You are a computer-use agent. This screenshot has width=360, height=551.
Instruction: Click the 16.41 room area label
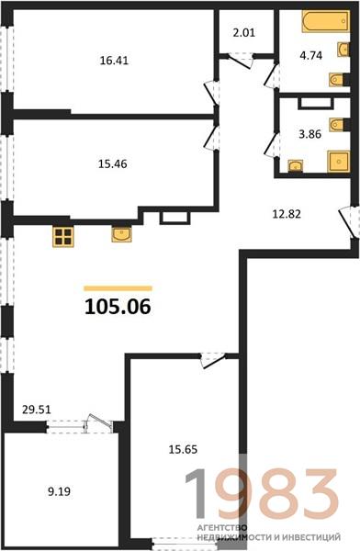[x=114, y=61]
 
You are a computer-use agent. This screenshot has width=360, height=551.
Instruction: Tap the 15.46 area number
[x=112, y=164]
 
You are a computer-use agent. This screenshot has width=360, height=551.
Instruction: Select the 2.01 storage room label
[x=244, y=33]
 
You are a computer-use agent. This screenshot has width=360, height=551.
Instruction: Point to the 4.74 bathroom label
[x=311, y=55]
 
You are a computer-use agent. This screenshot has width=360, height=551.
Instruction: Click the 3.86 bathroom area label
[x=310, y=134]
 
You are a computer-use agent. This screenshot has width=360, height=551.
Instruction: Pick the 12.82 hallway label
[x=287, y=214]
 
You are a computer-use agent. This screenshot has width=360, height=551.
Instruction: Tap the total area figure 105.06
[x=118, y=307]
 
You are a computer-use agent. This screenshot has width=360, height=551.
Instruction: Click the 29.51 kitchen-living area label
[x=37, y=410]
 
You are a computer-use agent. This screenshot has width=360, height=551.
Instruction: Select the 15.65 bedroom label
[x=183, y=449]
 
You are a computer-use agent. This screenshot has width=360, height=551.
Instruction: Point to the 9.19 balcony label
[x=60, y=491]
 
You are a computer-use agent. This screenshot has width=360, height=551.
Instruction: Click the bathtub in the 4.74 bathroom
[x=325, y=22]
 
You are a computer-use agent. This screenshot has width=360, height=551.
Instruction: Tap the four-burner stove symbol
[x=63, y=237]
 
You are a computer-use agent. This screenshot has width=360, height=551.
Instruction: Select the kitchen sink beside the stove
[x=121, y=234]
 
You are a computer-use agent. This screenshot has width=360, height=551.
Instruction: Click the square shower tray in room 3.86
[x=339, y=162]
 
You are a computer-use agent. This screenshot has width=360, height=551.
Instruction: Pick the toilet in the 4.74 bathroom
[x=338, y=79]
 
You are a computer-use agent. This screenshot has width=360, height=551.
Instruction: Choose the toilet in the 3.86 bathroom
[x=338, y=124]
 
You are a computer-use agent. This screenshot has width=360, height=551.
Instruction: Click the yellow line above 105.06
[x=118, y=288]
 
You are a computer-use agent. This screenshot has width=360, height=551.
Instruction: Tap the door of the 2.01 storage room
[x=241, y=61]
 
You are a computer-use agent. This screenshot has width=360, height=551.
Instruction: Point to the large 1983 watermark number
[x=262, y=494]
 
